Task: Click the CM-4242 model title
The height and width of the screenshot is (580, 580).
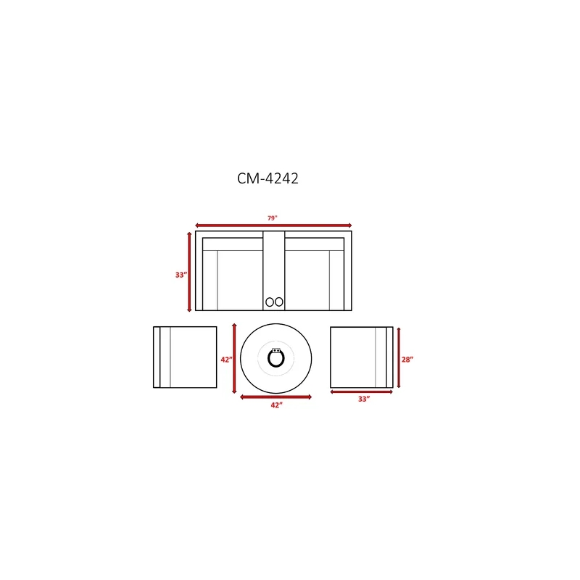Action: click(268, 178)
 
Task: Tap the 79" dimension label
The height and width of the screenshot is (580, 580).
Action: click(273, 218)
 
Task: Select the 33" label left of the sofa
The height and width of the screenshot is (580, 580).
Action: click(181, 275)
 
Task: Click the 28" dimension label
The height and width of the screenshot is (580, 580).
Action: click(407, 359)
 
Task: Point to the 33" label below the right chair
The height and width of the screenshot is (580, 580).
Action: click(364, 399)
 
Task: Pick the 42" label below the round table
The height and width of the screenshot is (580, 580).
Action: click(276, 405)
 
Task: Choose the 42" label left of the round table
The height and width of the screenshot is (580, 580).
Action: click(226, 359)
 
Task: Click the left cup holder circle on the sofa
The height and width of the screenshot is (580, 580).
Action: click(270, 302)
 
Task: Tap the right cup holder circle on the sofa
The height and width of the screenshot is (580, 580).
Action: click(279, 302)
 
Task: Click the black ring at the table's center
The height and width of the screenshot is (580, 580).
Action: click(268, 358)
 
